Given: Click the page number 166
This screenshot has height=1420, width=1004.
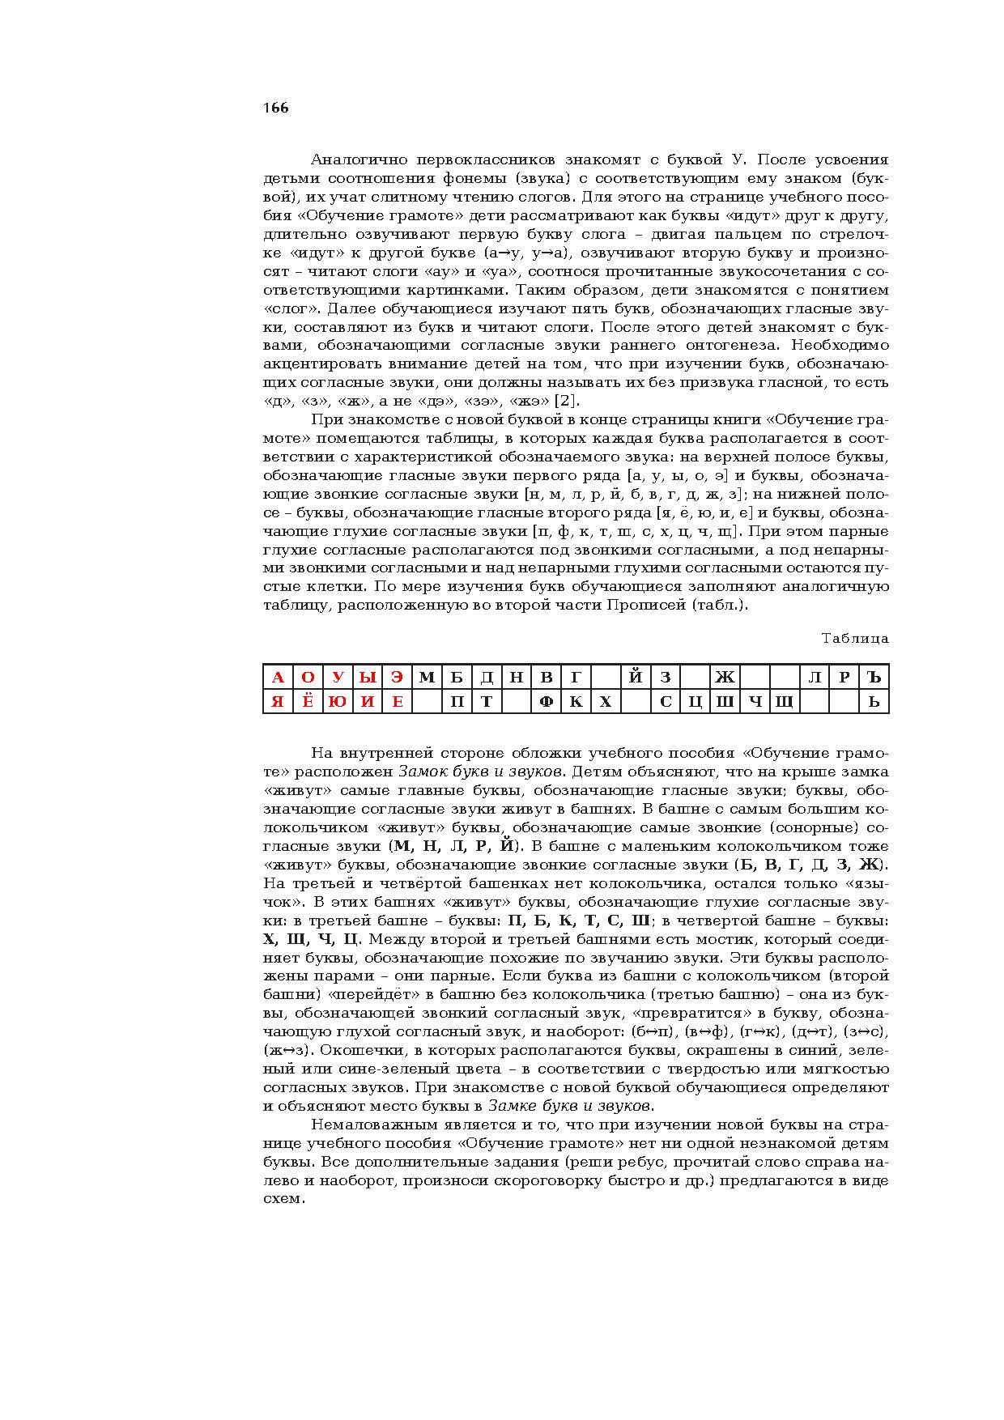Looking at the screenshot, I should pos(275,108).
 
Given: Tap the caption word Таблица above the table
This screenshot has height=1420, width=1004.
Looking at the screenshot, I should pos(855,639).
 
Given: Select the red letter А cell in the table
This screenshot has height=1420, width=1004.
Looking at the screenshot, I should pos(278,678).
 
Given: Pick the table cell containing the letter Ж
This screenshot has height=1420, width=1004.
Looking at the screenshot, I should pos(725,678).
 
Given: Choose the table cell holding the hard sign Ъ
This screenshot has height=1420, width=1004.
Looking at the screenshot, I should pos(874,678).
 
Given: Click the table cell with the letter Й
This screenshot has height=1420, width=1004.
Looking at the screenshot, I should pos(636,678).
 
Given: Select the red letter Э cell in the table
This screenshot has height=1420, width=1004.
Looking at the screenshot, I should pos(397,678).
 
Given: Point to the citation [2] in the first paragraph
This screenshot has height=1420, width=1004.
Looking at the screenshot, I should pos(567,402).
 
